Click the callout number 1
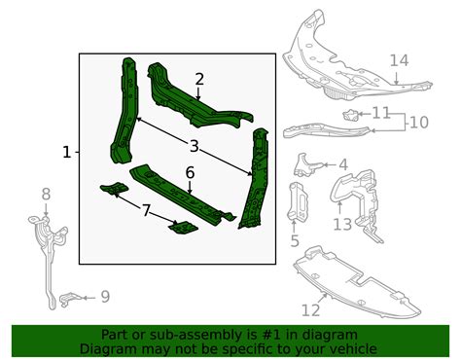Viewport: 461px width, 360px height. (66, 152)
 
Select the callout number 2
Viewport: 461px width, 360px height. (198, 80)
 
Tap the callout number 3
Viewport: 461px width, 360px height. (194, 146)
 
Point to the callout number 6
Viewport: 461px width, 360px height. (190, 172)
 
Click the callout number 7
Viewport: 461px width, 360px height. (145, 210)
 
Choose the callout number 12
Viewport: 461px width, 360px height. (310, 310)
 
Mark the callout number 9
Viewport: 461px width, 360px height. (105, 296)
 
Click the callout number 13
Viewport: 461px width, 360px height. (341, 225)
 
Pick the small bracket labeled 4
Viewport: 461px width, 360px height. (310, 162)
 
